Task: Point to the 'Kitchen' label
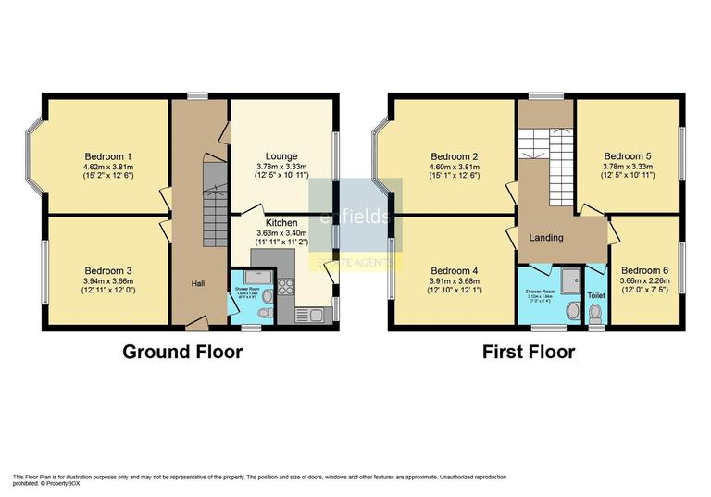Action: [x=281, y=223]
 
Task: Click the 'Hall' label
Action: [x=199, y=283]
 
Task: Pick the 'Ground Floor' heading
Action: [x=182, y=352]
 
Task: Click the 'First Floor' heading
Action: [x=529, y=352]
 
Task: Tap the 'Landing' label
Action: [x=545, y=238]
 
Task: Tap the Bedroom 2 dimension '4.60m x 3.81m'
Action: [x=453, y=168]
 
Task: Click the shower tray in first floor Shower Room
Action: [x=571, y=276]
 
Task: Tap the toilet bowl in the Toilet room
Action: [x=595, y=315]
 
